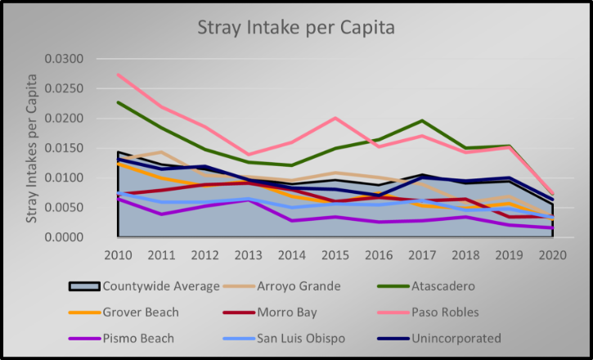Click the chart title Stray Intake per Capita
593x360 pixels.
296,28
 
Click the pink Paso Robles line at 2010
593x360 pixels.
118,74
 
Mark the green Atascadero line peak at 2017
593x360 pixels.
423,121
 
